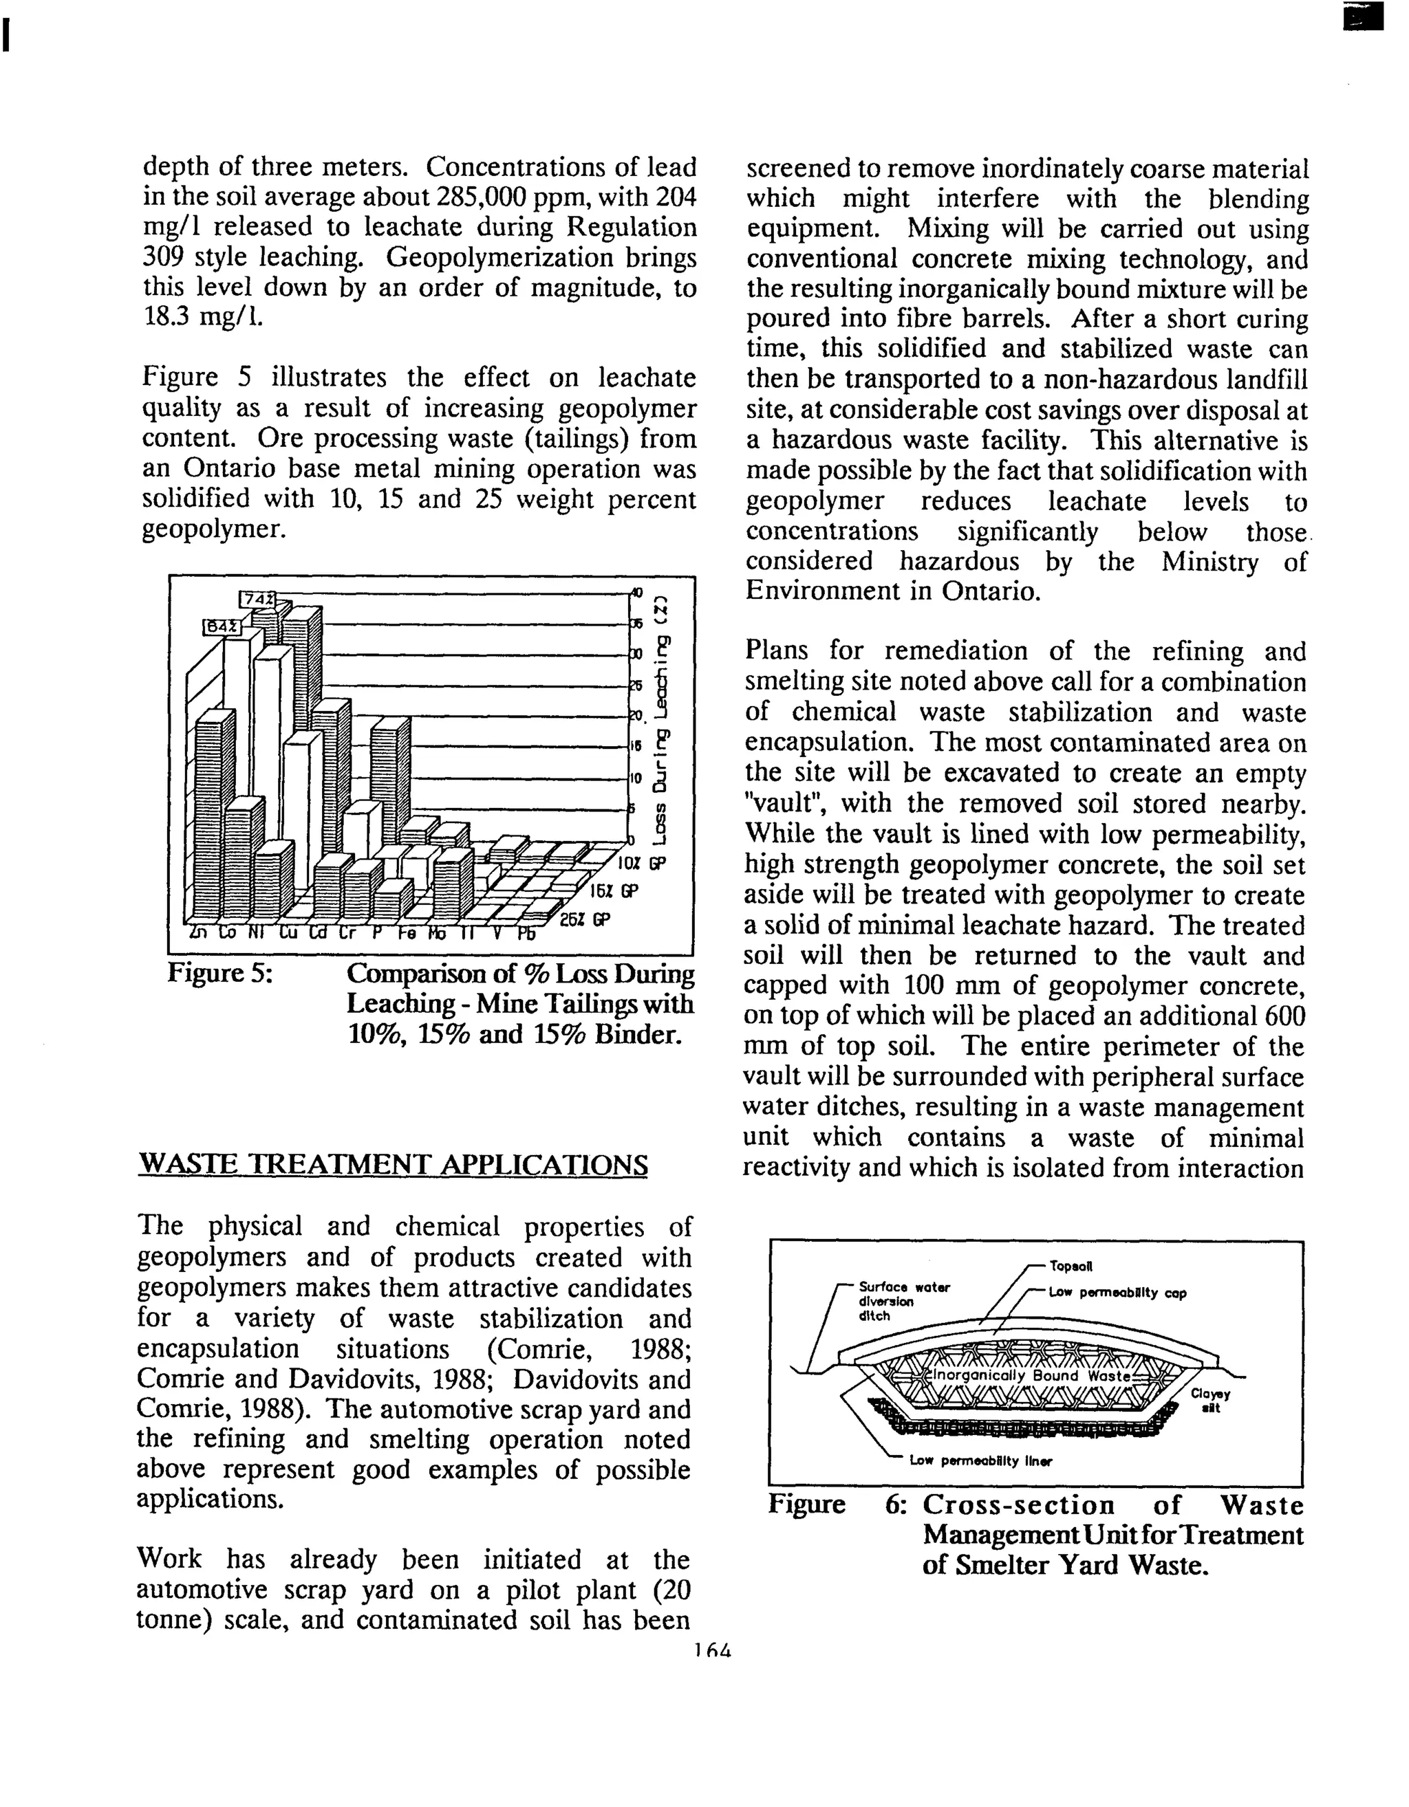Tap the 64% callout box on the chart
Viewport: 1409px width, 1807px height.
click(221, 628)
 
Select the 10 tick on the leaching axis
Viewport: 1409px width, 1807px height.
click(636, 778)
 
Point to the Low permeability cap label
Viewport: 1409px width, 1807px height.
click(1117, 1293)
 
